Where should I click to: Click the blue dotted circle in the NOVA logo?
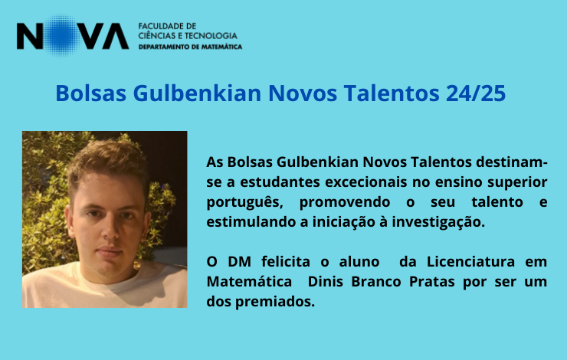pos(62,35)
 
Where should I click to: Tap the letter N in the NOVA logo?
pos(30,36)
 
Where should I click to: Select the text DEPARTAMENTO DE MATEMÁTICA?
pos(190,47)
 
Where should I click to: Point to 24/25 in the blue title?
pos(476,93)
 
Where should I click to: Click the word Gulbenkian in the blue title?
pos(197,93)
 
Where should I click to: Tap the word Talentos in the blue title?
pos(392,93)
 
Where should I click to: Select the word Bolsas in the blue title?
pos(90,93)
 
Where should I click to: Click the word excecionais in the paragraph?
pos(365,182)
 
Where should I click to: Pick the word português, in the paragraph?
pos(244,202)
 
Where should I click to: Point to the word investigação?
pos(438,222)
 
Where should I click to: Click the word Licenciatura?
pos(470,261)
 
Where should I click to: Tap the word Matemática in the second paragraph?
pos(249,281)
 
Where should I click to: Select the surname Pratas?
pos(431,281)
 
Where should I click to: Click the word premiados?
pos(275,302)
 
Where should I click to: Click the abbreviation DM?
pos(239,261)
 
